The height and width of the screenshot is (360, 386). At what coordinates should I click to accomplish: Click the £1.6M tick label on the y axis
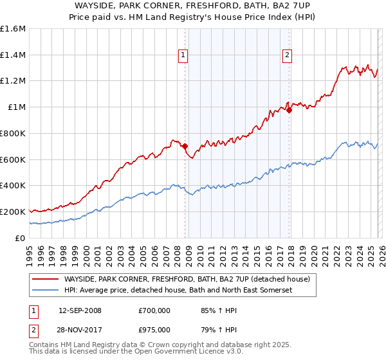tap(13, 29)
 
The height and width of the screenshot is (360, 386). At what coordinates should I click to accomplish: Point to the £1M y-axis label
tap(17, 107)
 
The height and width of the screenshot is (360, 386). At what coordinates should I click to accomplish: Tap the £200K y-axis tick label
tap(13, 212)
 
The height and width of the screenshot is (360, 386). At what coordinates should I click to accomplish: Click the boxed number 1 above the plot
tap(184, 56)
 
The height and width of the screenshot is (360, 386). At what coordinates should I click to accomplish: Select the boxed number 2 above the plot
tap(287, 56)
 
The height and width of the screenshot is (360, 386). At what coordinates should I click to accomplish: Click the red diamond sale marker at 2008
tap(185, 147)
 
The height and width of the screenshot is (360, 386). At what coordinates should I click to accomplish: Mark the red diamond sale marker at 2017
tap(289, 110)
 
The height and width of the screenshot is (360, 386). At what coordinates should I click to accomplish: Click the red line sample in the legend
tap(46, 279)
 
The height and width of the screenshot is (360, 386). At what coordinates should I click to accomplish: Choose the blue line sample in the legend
tap(46, 291)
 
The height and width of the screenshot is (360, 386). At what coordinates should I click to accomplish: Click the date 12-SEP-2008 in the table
tap(80, 310)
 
